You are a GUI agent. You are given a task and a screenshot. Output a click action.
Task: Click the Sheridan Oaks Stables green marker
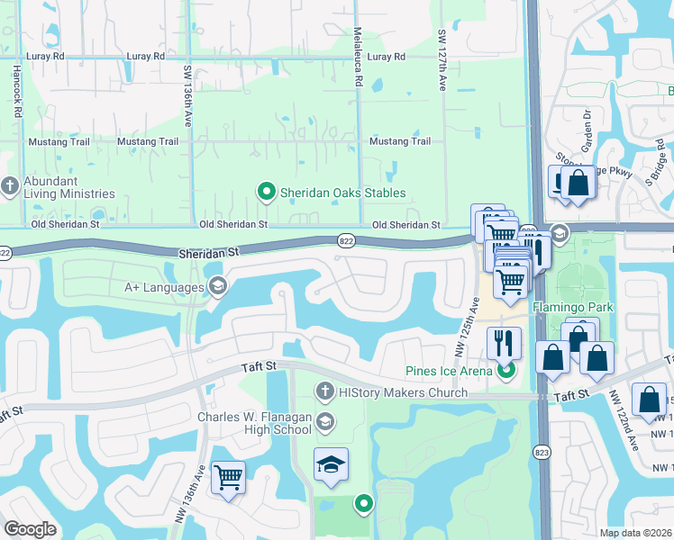tap(266, 193)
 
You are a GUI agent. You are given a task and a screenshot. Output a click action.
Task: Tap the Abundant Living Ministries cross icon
tap(10, 186)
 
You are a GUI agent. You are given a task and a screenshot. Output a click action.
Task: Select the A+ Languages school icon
tap(216, 287)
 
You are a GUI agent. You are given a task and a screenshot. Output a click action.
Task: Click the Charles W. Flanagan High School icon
tap(324, 421)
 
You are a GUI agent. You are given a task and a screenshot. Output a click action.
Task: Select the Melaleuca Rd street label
tap(359, 69)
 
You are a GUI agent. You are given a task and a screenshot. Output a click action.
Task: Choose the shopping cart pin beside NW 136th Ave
tap(228, 476)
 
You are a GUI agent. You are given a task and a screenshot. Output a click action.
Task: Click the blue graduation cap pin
tap(331, 464)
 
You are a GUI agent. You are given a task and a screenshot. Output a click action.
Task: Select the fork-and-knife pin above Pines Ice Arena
tap(504, 343)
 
